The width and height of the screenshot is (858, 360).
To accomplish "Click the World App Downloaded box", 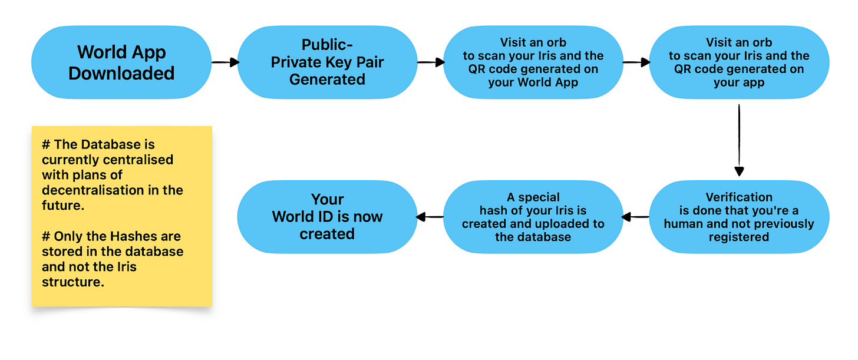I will click(x=121, y=62).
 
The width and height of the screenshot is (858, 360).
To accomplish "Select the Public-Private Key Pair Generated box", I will click(x=327, y=62).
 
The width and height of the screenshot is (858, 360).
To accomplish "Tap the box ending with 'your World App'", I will click(x=533, y=62).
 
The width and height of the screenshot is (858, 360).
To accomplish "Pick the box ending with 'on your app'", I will click(x=739, y=62).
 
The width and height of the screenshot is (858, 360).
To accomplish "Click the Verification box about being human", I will click(x=739, y=217).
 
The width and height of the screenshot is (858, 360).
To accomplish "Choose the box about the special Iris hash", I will click(x=533, y=217).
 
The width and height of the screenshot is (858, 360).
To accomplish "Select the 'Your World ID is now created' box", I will click(x=327, y=217).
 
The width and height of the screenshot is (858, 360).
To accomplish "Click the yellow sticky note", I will click(x=121, y=216).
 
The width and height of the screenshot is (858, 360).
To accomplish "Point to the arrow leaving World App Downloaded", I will click(x=225, y=62).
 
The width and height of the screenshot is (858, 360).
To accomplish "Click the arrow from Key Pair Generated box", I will click(x=430, y=62).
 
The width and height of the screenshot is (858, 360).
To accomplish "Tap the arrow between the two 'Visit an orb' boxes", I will click(x=636, y=62).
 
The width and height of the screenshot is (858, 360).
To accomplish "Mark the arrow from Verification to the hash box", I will click(x=636, y=217).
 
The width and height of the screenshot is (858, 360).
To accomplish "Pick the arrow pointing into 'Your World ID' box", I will click(x=430, y=217).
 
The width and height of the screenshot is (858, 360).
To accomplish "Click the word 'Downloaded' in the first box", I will click(x=121, y=73).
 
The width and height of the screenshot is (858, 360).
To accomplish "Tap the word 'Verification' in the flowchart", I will click(x=739, y=197).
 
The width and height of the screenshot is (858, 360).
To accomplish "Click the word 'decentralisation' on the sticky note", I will click(x=93, y=190).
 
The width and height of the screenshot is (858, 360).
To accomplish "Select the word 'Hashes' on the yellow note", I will click(x=125, y=236).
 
